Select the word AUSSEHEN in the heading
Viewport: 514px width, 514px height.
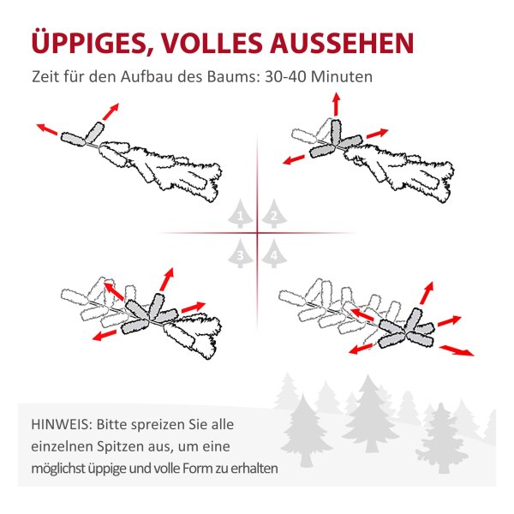click(x=342, y=43)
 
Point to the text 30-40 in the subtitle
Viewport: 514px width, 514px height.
click(x=285, y=77)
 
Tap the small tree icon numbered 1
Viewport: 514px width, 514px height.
click(x=240, y=213)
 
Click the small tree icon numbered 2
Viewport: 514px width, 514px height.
click(x=274, y=213)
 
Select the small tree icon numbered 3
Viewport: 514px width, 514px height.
click(x=240, y=254)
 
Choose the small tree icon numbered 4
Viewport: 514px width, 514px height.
click(x=274, y=254)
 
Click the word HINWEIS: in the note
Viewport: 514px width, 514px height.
click(x=61, y=425)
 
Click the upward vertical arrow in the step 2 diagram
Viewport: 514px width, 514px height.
click(x=336, y=105)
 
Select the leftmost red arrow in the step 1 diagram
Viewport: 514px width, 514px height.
click(x=47, y=128)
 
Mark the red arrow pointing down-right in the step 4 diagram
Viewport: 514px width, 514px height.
click(x=457, y=350)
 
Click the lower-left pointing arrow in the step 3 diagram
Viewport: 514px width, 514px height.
click(x=105, y=335)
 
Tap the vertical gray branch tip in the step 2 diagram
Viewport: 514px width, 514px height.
click(x=335, y=132)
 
